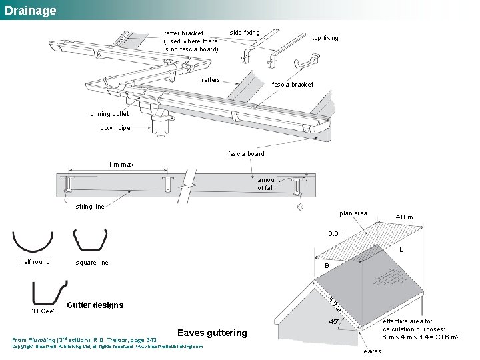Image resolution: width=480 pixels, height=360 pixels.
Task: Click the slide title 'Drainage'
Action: point(30,11)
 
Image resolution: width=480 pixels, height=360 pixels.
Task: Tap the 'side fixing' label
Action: point(245,33)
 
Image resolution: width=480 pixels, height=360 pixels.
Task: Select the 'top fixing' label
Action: point(325,38)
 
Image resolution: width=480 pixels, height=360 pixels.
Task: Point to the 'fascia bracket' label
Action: point(292,85)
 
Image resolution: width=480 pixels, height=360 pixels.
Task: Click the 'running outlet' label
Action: point(109,114)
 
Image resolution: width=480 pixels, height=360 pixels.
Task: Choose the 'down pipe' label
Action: point(115,128)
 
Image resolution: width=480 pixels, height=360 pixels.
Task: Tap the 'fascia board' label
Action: point(246,154)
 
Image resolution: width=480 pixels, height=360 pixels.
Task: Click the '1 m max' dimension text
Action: point(121,165)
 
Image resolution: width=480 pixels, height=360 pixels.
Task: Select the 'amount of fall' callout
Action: point(269,184)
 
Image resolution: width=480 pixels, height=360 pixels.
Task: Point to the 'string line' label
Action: point(89,207)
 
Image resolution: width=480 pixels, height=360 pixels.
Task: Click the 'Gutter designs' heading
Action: point(95,305)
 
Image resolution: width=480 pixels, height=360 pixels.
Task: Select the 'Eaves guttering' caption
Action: point(212,333)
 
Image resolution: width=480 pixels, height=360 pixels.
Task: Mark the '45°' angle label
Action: point(335,322)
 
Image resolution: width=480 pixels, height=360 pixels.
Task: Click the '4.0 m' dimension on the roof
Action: point(404,217)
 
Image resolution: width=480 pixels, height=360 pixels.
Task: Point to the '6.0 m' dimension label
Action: point(336,233)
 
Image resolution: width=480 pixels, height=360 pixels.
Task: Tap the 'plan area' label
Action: point(353,213)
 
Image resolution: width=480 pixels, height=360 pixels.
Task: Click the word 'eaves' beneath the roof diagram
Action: point(373,351)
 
